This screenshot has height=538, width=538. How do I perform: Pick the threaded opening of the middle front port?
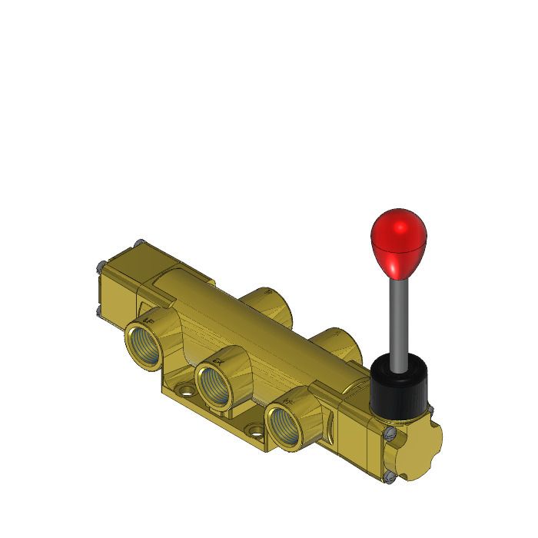coord(214,384)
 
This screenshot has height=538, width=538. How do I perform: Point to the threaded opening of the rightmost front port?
coord(284,424)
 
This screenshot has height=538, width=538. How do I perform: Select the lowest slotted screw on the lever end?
coord(390,477)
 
